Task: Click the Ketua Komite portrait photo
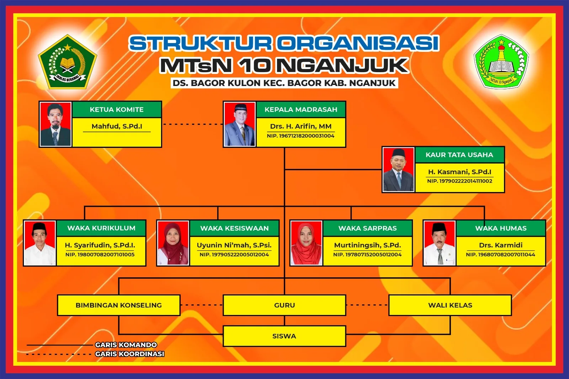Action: pos(55,124)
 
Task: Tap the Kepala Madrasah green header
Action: pos(301,110)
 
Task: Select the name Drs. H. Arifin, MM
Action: pos(301,126)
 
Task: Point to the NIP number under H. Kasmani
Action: pos(459,181)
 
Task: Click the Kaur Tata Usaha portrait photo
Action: pos(399,170)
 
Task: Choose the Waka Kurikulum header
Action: pos(101,228)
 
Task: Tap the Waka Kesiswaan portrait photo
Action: pos(173,243)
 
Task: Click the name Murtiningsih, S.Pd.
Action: pos(367,245)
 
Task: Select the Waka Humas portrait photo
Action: pos(439,243)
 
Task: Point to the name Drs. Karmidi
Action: pos(501,245)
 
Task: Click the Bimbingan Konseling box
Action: pos(119,305)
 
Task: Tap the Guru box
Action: pos(284,305)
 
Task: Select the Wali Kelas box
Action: pos(450,305)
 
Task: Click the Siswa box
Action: pos(284,336)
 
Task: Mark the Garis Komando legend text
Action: pos(126,345)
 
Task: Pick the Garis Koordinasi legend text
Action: pos(129,354)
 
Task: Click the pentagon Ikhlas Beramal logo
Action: pos(67,62)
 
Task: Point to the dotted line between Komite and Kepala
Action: pos(193,124)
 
